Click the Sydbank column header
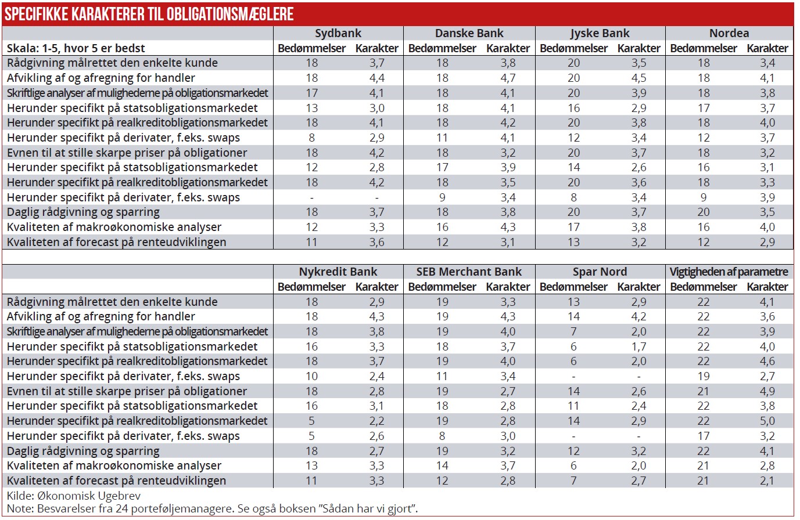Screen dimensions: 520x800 [338, 33]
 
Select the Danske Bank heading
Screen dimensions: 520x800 [469, 33]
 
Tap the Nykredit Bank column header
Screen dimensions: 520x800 [338, 272]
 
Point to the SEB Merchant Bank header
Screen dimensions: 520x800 [469, 272]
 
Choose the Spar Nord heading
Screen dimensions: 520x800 [600, 272]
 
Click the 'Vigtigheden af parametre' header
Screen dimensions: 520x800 [729, 272]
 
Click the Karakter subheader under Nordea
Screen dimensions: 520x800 [767, 48]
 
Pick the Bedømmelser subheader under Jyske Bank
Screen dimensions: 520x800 [573, 48]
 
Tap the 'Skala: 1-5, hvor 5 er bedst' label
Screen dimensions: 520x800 [76, 48]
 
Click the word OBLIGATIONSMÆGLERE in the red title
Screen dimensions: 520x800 [229, 14]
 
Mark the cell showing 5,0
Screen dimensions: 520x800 [767, 421]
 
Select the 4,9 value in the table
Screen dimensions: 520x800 [767, 391]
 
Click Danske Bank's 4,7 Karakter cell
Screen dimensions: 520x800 [508, 78]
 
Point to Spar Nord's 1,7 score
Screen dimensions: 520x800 [638, 346]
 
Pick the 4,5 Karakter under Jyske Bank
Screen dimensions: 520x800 [638, 78]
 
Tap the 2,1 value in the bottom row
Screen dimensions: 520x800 [767, 481]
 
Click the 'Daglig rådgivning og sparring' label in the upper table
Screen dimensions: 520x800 [83, 212]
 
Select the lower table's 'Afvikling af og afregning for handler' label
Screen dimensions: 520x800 [101, 316]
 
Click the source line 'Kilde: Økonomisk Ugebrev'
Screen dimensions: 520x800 [74, 496]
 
